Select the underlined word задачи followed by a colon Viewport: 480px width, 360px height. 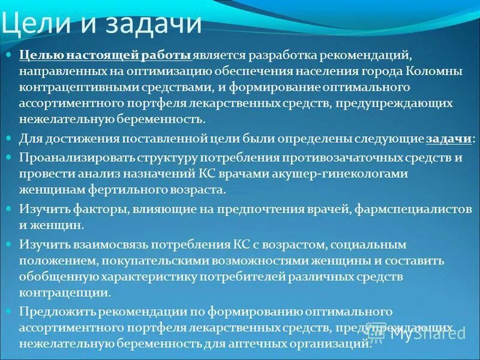pyautogui.click(x=448, y=139)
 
